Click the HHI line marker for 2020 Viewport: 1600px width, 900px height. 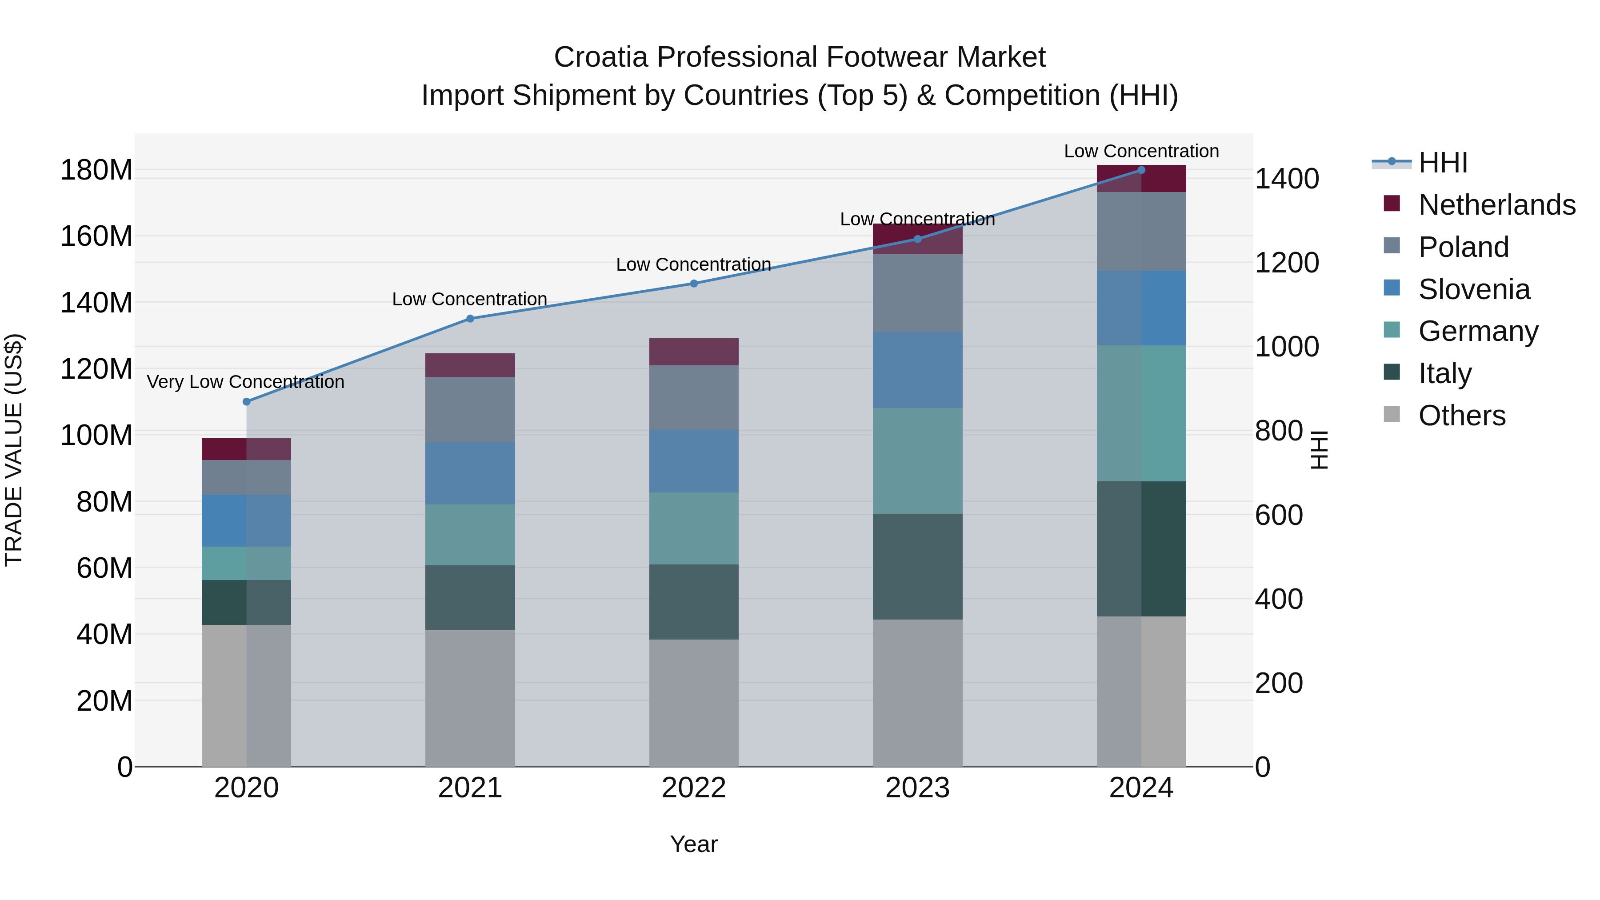tap(247, 402)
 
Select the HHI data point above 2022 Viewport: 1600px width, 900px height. tap(694, 284)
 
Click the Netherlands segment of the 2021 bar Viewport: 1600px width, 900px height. tap(470, 365)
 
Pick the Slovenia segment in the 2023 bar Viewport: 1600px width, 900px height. tap(917, 370)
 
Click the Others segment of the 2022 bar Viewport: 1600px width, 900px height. tap(694, 703)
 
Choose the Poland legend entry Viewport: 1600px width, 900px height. tap(1463, 247)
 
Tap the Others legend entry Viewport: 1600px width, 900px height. tap(1461, 416)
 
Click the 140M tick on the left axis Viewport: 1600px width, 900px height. tap(96, 303)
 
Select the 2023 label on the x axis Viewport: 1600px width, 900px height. tap(917, 788)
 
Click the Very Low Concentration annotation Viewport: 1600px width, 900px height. tap(245, 382)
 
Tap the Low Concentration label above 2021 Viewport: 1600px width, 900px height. tap(470, 300)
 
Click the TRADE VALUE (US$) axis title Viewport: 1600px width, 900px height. tap(14, 450)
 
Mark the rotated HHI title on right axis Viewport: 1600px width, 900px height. tap(1319, 450)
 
